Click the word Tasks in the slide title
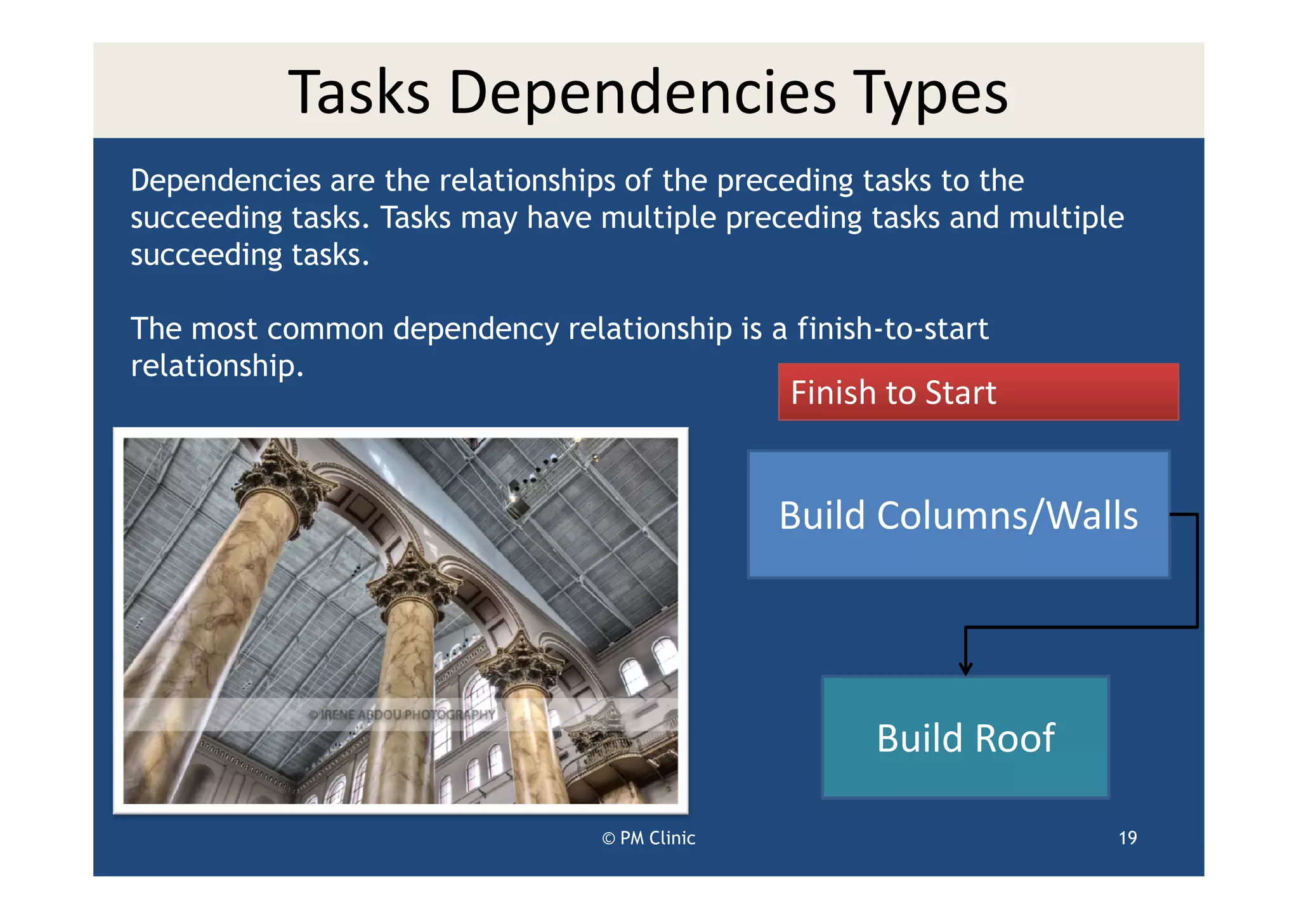tap(359, 93)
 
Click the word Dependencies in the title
tap(642, 93)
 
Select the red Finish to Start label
tap(977, 392)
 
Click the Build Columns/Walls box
tap(958, 515)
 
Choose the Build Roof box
tap(965, 737)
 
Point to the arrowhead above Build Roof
tap(965, 669)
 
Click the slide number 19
tap(1127, 838)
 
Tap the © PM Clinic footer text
tap(648, 838)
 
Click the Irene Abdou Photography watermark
tap(401, 715)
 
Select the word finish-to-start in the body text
tap(892, 329)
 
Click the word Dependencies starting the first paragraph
tap(225, 181)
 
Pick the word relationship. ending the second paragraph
tap(217, 366)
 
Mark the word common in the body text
tap(325, 329)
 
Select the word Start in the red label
tap(960, 393)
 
